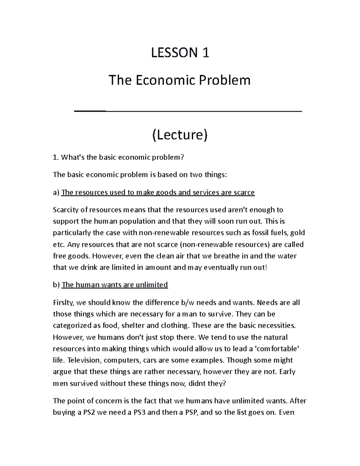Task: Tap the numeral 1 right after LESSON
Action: point(205,53)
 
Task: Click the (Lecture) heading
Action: point(179,135)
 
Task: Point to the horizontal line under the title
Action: point(188,111)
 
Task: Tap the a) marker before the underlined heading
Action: point(56,192)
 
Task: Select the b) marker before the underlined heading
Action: point(56,284)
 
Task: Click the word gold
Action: point(298,233)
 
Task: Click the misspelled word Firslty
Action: point(64,302)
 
